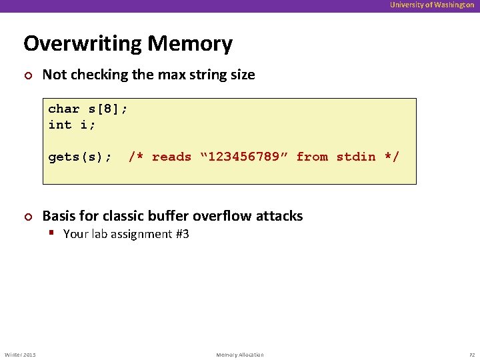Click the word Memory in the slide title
coord(190,44)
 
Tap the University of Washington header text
coord(432,5)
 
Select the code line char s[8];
coord(87,109)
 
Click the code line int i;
coord(71,125)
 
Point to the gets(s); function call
coord(79,157)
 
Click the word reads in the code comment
coord(171,157)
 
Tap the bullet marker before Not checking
coord(27,75)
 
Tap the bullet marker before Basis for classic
coord(27,217)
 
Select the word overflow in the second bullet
coord(224,216)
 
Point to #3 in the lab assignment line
coord(181,234)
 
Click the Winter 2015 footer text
coord(21,355)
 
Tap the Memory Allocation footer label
coord(240,355)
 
